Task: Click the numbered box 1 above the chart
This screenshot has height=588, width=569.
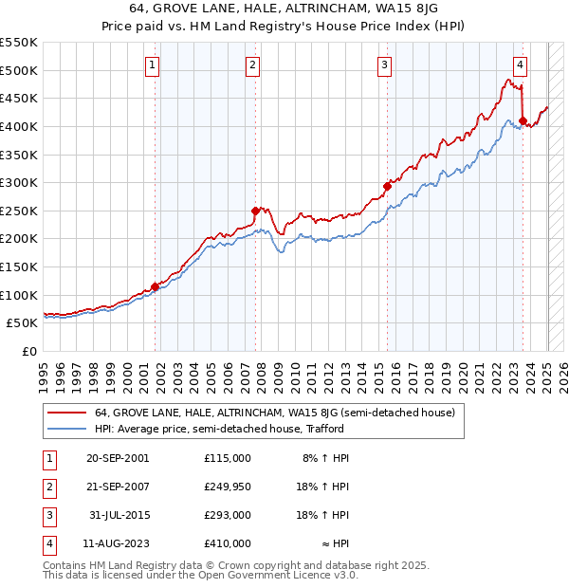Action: point(153,65)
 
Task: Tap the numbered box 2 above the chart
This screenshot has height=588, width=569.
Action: point(252,65)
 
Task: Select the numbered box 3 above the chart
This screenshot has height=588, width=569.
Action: point(384,65)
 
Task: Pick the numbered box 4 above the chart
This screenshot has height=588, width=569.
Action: point(521,65)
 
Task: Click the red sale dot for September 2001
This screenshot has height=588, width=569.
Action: point(155,286)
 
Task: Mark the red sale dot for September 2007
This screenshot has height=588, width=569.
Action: point(255,211)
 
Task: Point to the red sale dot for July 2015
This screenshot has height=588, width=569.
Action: point(387,186)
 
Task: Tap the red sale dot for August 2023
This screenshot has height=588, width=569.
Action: point(523,120)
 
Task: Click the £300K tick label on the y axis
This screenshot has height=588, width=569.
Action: point(20,182)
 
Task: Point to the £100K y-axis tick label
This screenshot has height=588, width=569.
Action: point(20,295)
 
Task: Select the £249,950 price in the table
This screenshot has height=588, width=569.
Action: point(227,487)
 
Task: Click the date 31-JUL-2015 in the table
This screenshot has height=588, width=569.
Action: point(119,515)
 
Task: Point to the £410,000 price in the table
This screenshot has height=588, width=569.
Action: point(227,543)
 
